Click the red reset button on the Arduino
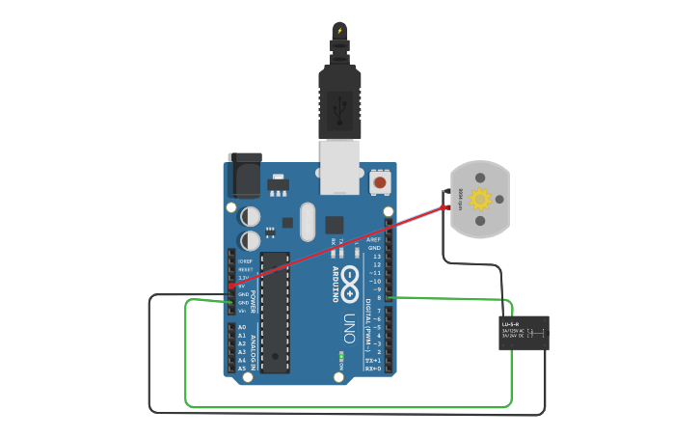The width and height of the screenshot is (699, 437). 380,181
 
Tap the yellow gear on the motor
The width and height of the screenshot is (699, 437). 480,200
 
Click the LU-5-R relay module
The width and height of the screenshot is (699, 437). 524,333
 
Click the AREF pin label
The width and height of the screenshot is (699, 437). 374,239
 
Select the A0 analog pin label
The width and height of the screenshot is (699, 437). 241,328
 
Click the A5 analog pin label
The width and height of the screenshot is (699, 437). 241,369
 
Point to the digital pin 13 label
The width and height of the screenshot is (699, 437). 376,256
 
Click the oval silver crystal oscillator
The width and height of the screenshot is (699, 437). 308,222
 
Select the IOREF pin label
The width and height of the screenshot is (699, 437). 245,261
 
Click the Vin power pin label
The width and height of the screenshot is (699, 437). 244,311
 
